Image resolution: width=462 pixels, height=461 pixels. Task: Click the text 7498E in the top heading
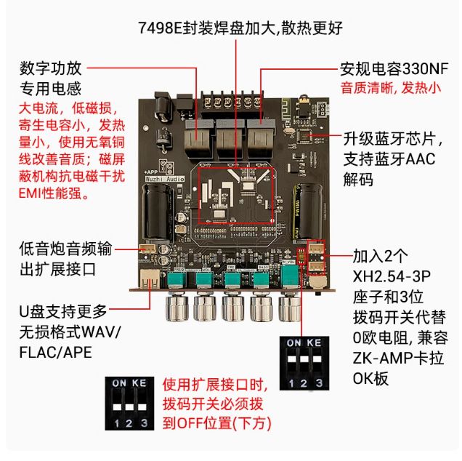pos(160,28)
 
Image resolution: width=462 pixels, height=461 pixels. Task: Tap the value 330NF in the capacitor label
pos(425,69)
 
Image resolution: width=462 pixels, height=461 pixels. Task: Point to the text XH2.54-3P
pos(392,276)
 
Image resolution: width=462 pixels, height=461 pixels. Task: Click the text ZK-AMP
pos(382,358)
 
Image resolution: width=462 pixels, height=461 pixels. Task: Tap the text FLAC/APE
pos(55,352)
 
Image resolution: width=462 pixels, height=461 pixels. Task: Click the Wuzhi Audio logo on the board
pos(165,179)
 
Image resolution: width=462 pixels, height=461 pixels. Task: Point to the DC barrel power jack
pos(163,107)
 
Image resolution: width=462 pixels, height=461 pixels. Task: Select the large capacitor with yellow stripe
pos(307,211)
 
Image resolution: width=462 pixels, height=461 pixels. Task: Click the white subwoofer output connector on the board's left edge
pos(147,249)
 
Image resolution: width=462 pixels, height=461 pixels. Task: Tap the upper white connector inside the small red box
pos(316,249)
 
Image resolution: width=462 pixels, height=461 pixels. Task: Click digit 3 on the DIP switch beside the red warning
pos(144,423)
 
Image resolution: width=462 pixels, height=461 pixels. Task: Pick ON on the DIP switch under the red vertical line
pos(293,342)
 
